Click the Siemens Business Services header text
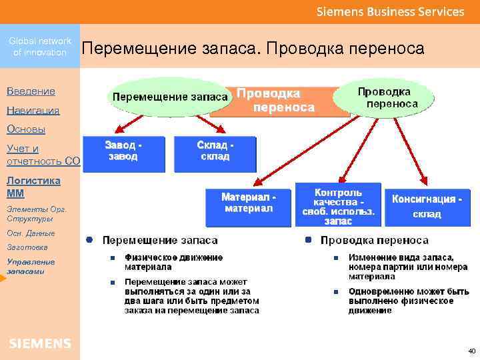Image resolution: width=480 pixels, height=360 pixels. click(x=390, y=11)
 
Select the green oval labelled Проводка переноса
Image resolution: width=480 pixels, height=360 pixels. click(x=384, y=98)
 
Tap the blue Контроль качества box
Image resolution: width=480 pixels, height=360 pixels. click(x=338, y=205)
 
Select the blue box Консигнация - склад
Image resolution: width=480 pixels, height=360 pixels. click(x=426, y=206)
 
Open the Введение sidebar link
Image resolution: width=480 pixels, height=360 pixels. click(x=31, y=91)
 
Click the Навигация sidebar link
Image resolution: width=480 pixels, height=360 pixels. click(x=33, y=110)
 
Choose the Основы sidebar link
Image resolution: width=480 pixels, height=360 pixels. click(x=26, y=129)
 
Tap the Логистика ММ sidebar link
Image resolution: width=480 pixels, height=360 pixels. click(x=33, y=187)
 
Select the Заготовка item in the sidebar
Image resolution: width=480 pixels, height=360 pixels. click(x=24, y=246)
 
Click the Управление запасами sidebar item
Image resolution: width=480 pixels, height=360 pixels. click(x=31, y=266)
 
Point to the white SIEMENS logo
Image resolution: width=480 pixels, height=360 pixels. click(x=40, y=343)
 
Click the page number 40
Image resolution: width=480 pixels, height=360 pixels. click(x=471, y=350)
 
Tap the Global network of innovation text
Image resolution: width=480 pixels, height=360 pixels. click(x=40, y=46)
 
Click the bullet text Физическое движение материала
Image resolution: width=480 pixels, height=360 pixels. click(x=173, y=261)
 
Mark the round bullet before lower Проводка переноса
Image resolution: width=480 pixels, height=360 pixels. click(x=308, y=239)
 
